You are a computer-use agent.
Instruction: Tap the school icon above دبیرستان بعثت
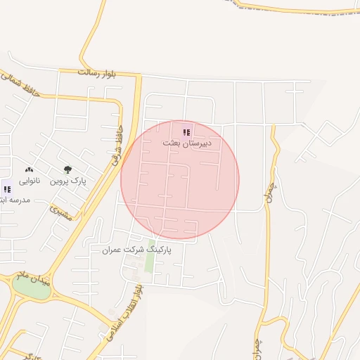(186, 132)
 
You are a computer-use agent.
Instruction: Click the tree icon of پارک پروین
(67, 169)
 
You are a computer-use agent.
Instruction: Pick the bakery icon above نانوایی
(30, 170)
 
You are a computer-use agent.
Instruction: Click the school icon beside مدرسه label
(7, 188)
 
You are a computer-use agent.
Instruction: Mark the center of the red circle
(180, 180)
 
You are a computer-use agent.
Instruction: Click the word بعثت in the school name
(172, 143)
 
